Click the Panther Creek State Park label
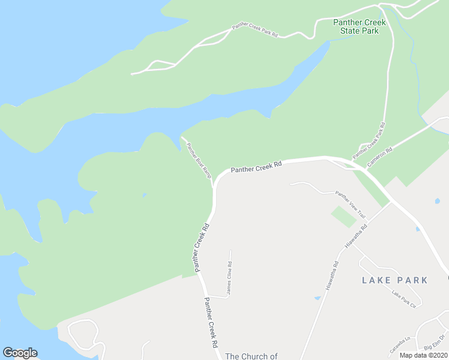point(360,26)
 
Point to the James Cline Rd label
point(229,273)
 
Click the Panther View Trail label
point(350,203)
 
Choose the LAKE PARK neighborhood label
point(395,280)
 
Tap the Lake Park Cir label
point(403,298)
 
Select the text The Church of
point(252,356)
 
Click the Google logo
point(20,353)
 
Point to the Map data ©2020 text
point(423,355)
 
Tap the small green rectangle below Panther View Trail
point(343,216)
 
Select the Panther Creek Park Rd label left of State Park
point(255,31)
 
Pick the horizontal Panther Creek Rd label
point(256,167)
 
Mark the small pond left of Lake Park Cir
point(317,298)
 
